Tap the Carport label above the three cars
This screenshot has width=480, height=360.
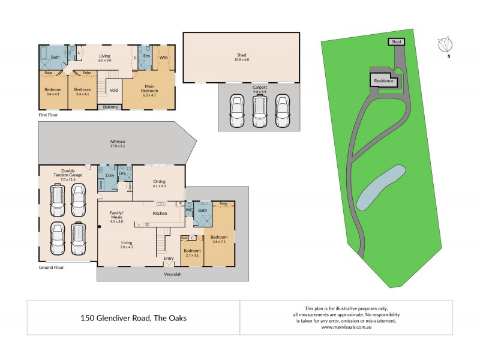click(x=260, y=88)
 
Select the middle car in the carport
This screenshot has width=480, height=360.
click(x=259, y=112)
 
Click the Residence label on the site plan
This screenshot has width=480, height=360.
click(x=383, y=80)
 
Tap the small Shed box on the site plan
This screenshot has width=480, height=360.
click(x=395, y=42)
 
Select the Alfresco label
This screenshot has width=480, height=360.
click(x=118, y=141)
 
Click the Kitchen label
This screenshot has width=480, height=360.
click(x=159, y=213)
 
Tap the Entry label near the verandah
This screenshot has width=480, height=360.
click(x=169, y=259)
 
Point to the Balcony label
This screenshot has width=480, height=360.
click(x=110, y=107)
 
